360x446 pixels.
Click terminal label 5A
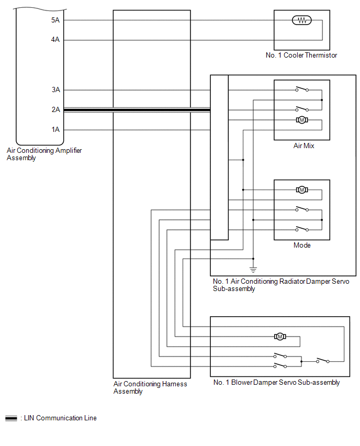pos(55,20)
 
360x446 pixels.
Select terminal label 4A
pos(55,40)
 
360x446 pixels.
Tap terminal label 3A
pos(56,90)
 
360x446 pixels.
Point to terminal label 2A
pos(56,109)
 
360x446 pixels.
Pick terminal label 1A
pos(56,130)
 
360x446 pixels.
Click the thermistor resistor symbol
pos(302,20)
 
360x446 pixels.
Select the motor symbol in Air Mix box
pos(302,120)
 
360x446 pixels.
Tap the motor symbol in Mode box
pos(302,189)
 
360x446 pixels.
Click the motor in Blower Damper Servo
pos(280,337)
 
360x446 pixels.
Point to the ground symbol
pos(253,270)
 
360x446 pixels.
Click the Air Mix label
pos(303,146)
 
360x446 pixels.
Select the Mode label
pos(302,245)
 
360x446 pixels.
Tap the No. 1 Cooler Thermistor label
pos(301,55)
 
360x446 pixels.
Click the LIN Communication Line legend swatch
pos(11,418)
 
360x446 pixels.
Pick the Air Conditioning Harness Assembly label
pos(150,388)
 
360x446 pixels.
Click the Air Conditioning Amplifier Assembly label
pos(44,154)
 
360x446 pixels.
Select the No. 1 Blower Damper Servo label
pos(276,383)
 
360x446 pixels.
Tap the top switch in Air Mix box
pos(302,89)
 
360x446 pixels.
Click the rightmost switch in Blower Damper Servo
pos(323,360)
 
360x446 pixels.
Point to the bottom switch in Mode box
pos(302,229)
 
